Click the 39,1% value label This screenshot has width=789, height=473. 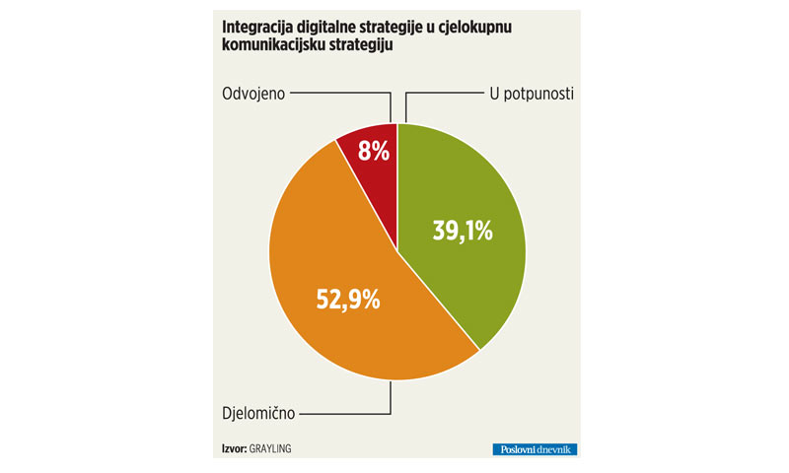pyautogui.click(x=463, y=232)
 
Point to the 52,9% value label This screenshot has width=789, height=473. pyautogui.click(x=347, y=300)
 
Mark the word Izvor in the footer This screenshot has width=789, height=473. pyautogui.click(x=235, y=449)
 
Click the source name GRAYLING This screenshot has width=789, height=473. pyautogui.click(x=270, y=449)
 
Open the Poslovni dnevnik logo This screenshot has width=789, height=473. pyautogui.click(x=535, y=449)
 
